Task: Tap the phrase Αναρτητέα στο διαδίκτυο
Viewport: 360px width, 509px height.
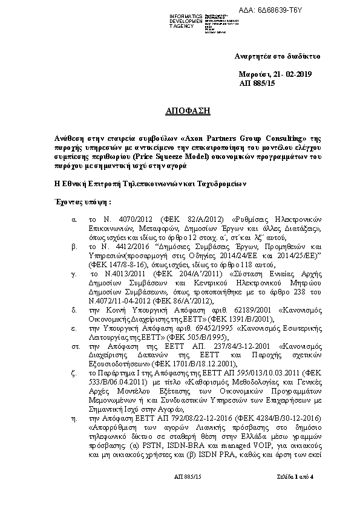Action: coord(277,56)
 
